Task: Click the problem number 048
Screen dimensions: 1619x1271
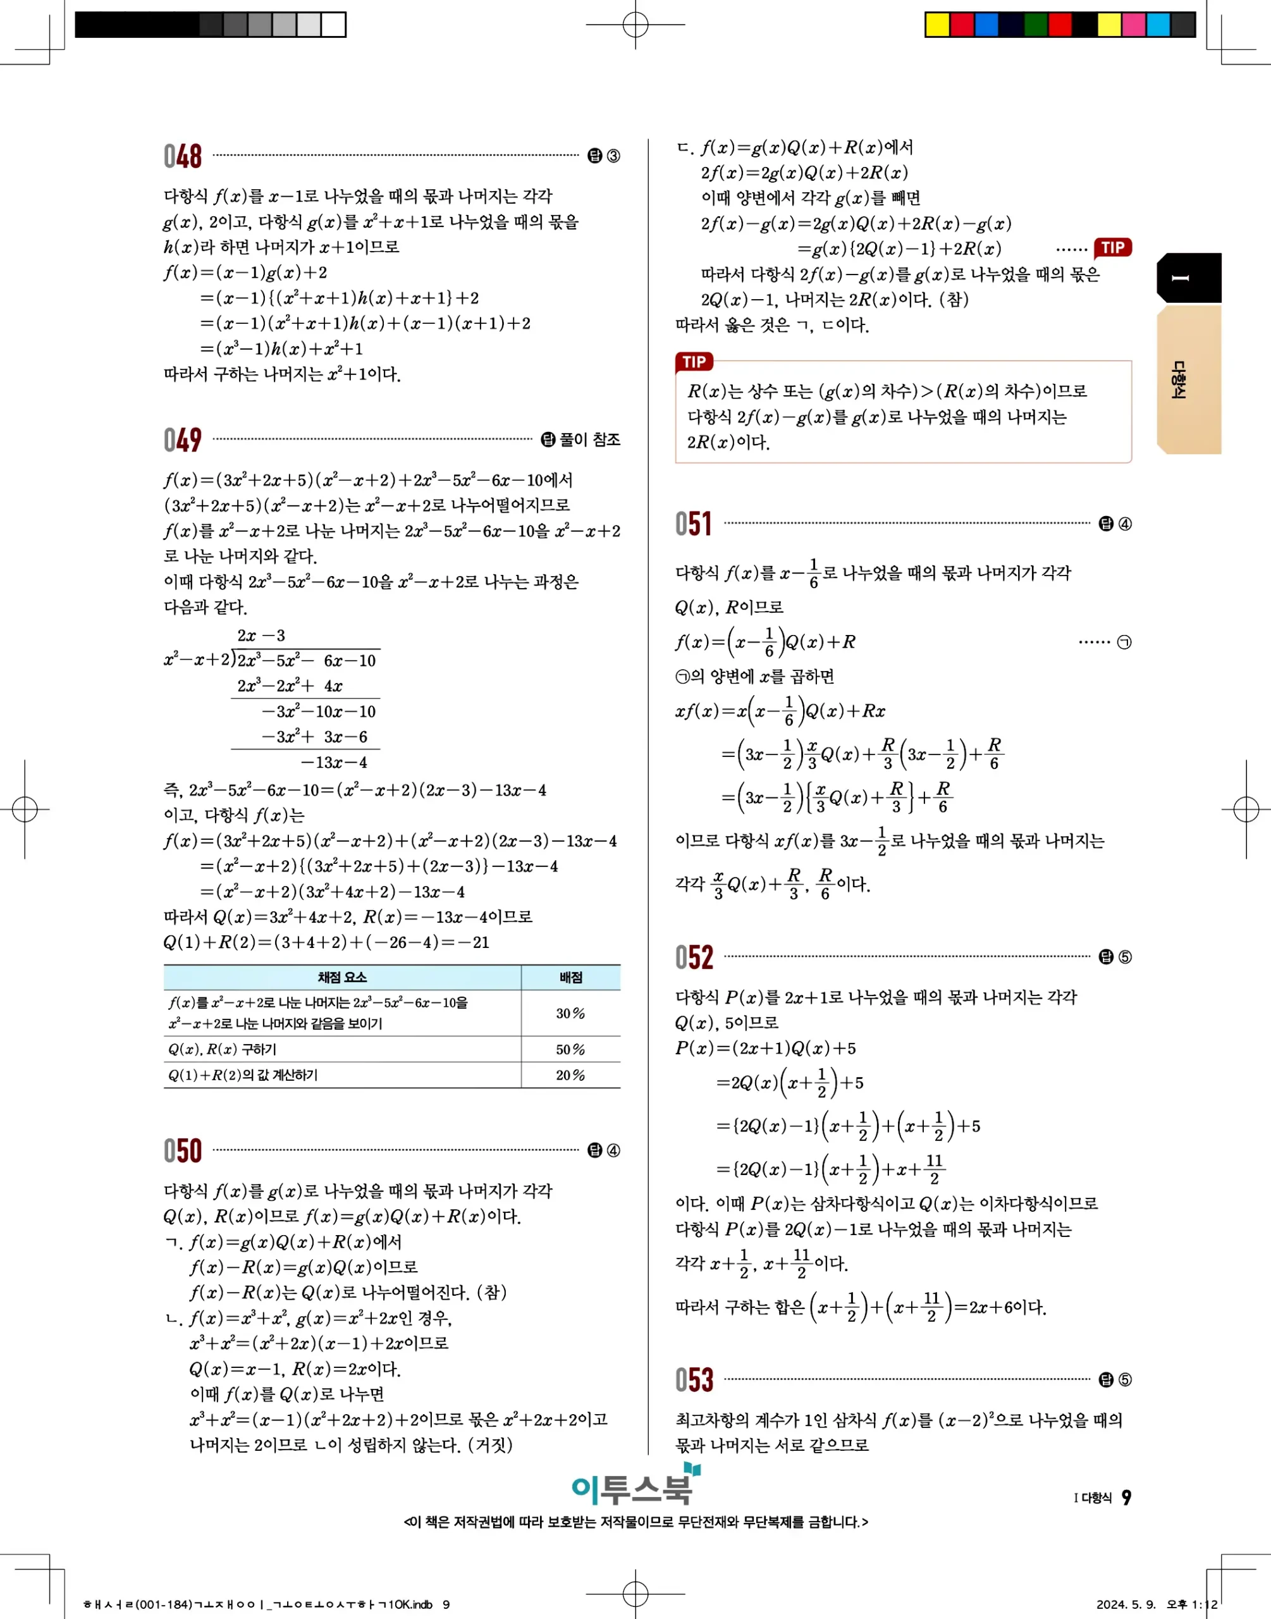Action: pyautogui.click(x=182, y=156)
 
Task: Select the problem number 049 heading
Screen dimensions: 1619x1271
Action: pyautogui.click(x=182, y=440)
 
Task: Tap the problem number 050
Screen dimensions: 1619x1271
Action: pyautogui.click(x=182, y=1150)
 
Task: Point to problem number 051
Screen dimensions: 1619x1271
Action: pyautogui.click(x=694, y=524)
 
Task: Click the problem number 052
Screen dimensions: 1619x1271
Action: pyautogui.click(x=694, y=957)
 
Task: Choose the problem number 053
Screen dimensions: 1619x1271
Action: pyautogui.click(x=694, y=1379)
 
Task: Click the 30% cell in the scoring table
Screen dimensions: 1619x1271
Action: pyautogui.click(x=570, y=1013)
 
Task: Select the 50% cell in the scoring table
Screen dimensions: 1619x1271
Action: pyautogui.click(x=570, y=1049)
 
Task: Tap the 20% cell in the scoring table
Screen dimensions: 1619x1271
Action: pyautogui.click(x=570, y=1075)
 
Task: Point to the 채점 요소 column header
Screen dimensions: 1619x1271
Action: pyautogui.click(x=341, y=977)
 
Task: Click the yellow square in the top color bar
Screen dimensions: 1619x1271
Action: pyautogui.click(x=937, y=25)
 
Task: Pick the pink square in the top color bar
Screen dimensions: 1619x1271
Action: pyautogui.click(x=1133, y=25)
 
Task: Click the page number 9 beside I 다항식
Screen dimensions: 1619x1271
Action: pyautogui.click(x=1126, y=1497)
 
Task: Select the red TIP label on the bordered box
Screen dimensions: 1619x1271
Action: pyautogui.click(x=694, y=362)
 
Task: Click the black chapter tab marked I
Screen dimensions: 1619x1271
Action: pyautogui.click(x=1188, y=278)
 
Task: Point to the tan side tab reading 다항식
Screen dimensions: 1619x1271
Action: pyautogui.click(x=1188, y=379)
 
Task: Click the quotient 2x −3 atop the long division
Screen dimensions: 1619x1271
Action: pyautogui.click(x=261, y=636)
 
